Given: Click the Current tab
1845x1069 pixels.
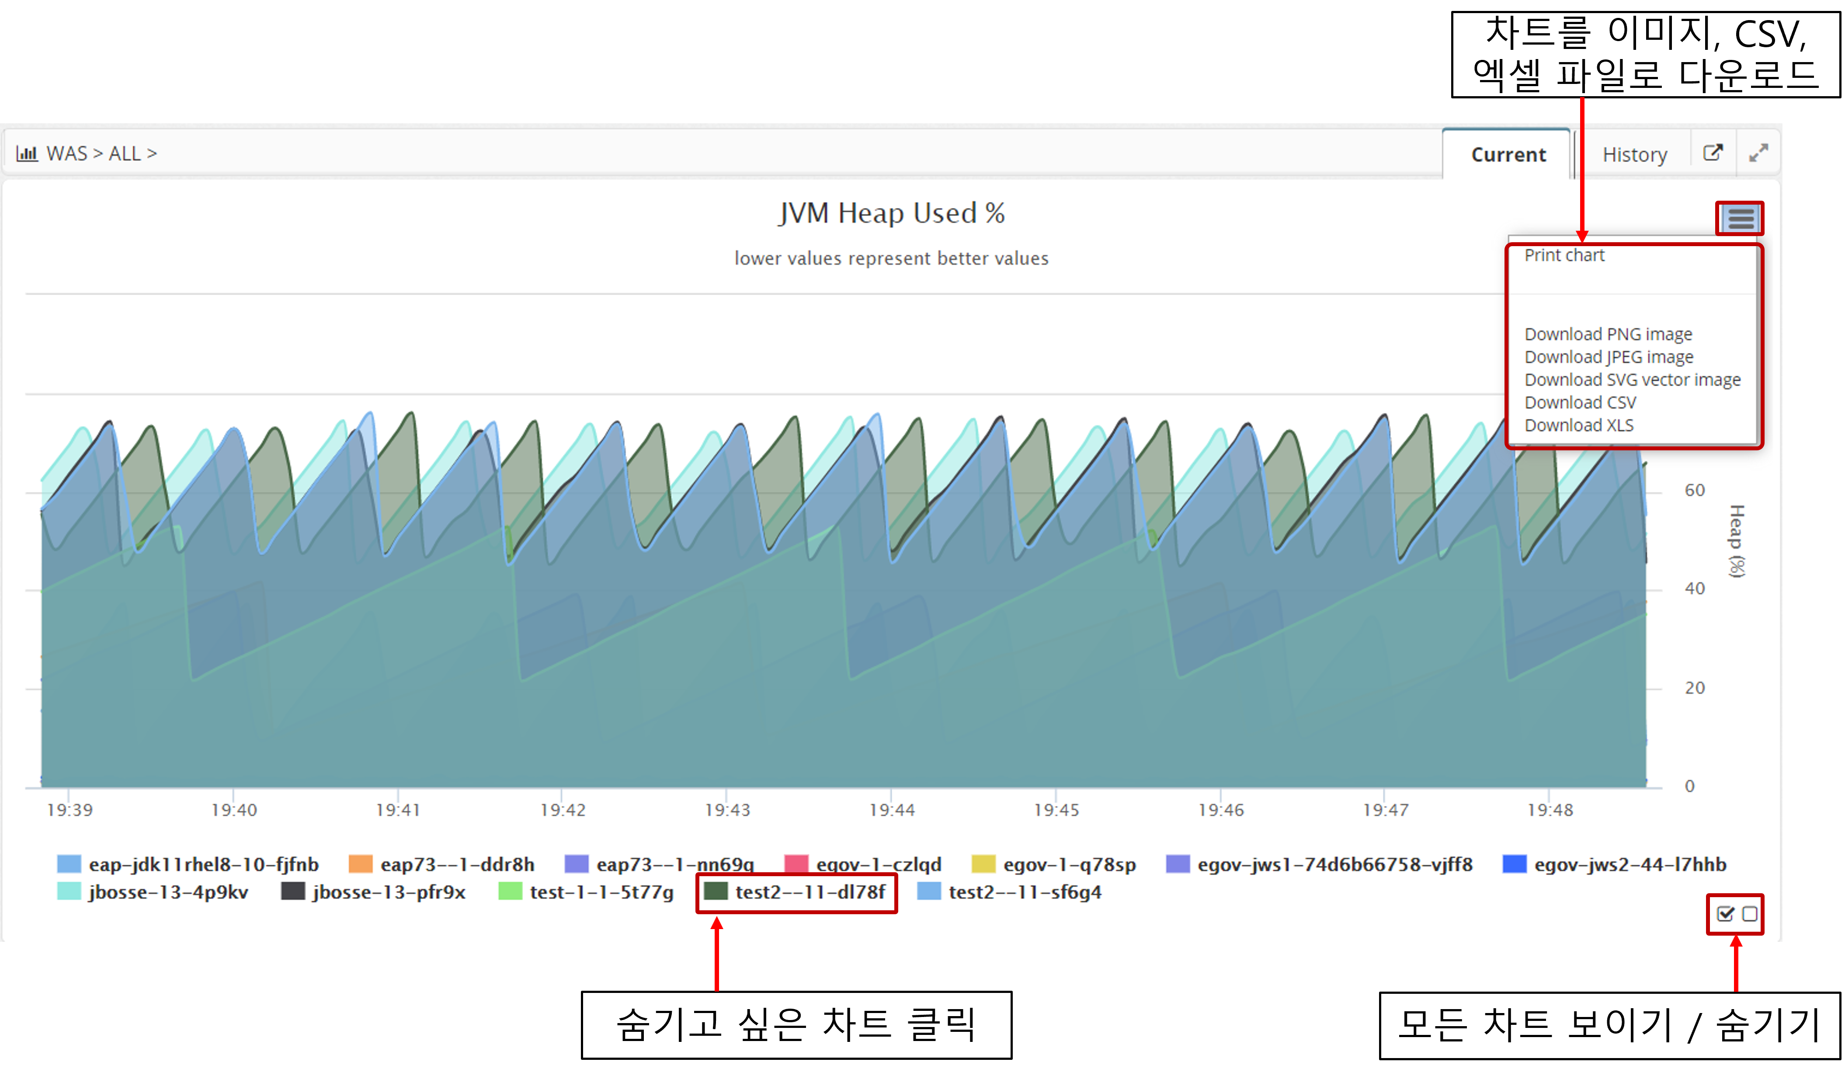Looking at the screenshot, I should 1508,154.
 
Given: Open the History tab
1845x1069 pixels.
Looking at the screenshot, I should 1634,154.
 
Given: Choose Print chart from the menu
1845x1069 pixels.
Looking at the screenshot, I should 1564,255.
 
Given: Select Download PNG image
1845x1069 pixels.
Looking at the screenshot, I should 1608,334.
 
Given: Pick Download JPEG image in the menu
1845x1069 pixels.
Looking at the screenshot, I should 1609,357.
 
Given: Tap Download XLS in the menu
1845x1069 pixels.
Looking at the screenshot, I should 1578,425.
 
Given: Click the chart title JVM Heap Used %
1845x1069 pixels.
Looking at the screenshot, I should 891,213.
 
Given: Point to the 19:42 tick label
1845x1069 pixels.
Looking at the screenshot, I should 562,810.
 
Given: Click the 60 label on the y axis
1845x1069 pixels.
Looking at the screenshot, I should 1694,490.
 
